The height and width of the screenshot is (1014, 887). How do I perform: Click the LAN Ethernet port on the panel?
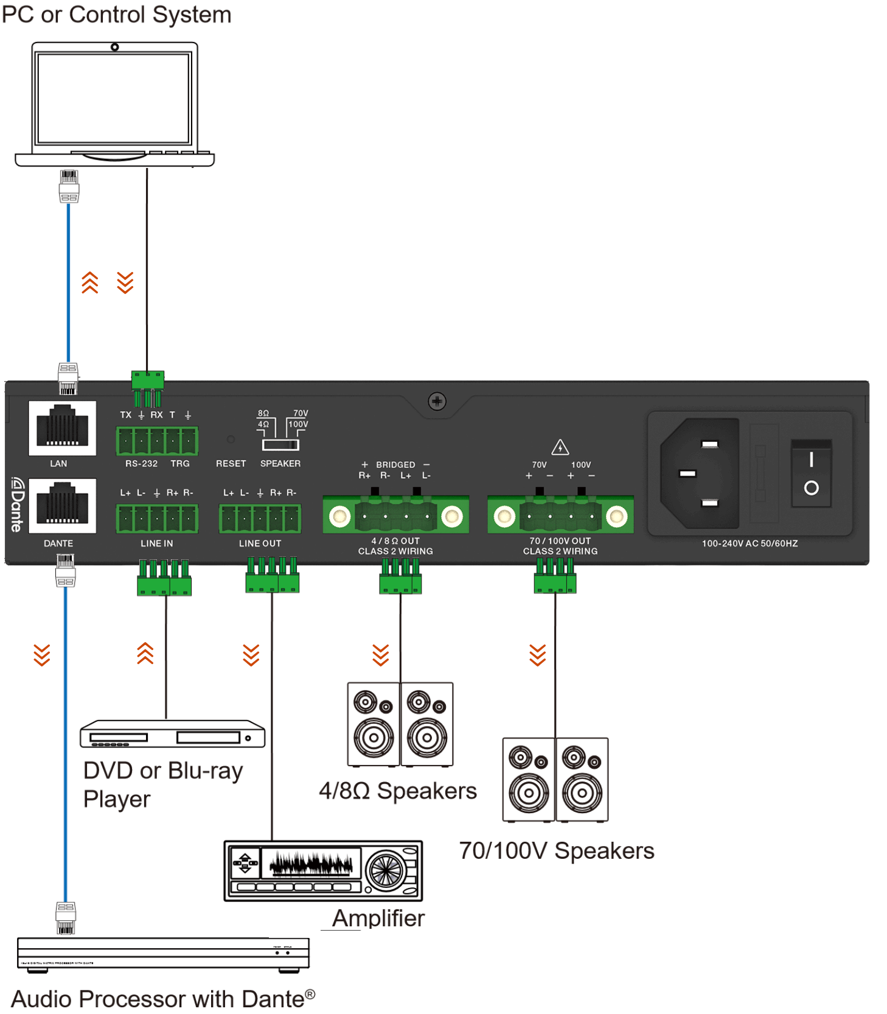pos(62,427)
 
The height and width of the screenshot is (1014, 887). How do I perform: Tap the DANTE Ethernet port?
pos(62,505)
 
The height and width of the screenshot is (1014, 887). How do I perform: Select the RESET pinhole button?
pos(231,439)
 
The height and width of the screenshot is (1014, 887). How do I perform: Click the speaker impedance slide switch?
pos(280,444)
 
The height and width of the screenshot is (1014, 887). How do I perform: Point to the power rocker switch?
pos(811,473)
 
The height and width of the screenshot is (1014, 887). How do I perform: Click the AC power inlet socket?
pos(700,473)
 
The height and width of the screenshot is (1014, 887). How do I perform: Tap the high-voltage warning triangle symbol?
pos(560,447)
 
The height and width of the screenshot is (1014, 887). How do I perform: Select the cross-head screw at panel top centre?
pos(437,401)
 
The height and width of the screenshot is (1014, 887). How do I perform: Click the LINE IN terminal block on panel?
pos(157,519)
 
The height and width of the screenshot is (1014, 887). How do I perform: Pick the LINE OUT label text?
pos(260,544)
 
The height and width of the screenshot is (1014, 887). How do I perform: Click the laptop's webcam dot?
pos(114,47)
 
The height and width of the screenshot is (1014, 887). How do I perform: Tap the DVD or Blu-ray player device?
pos(172,734)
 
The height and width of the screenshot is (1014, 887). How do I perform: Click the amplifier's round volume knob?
pos(385,870)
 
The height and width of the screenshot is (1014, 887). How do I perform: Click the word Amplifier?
pos(378,918)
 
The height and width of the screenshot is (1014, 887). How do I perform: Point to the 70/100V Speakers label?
pos(556,850)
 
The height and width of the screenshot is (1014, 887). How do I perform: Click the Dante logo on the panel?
pos(17,505)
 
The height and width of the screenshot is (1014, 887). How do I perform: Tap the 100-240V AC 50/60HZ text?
pos(750,544)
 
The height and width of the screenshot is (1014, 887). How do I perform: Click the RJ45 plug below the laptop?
pos(69,186)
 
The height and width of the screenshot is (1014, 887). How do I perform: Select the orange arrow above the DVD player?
pos(145,653)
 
